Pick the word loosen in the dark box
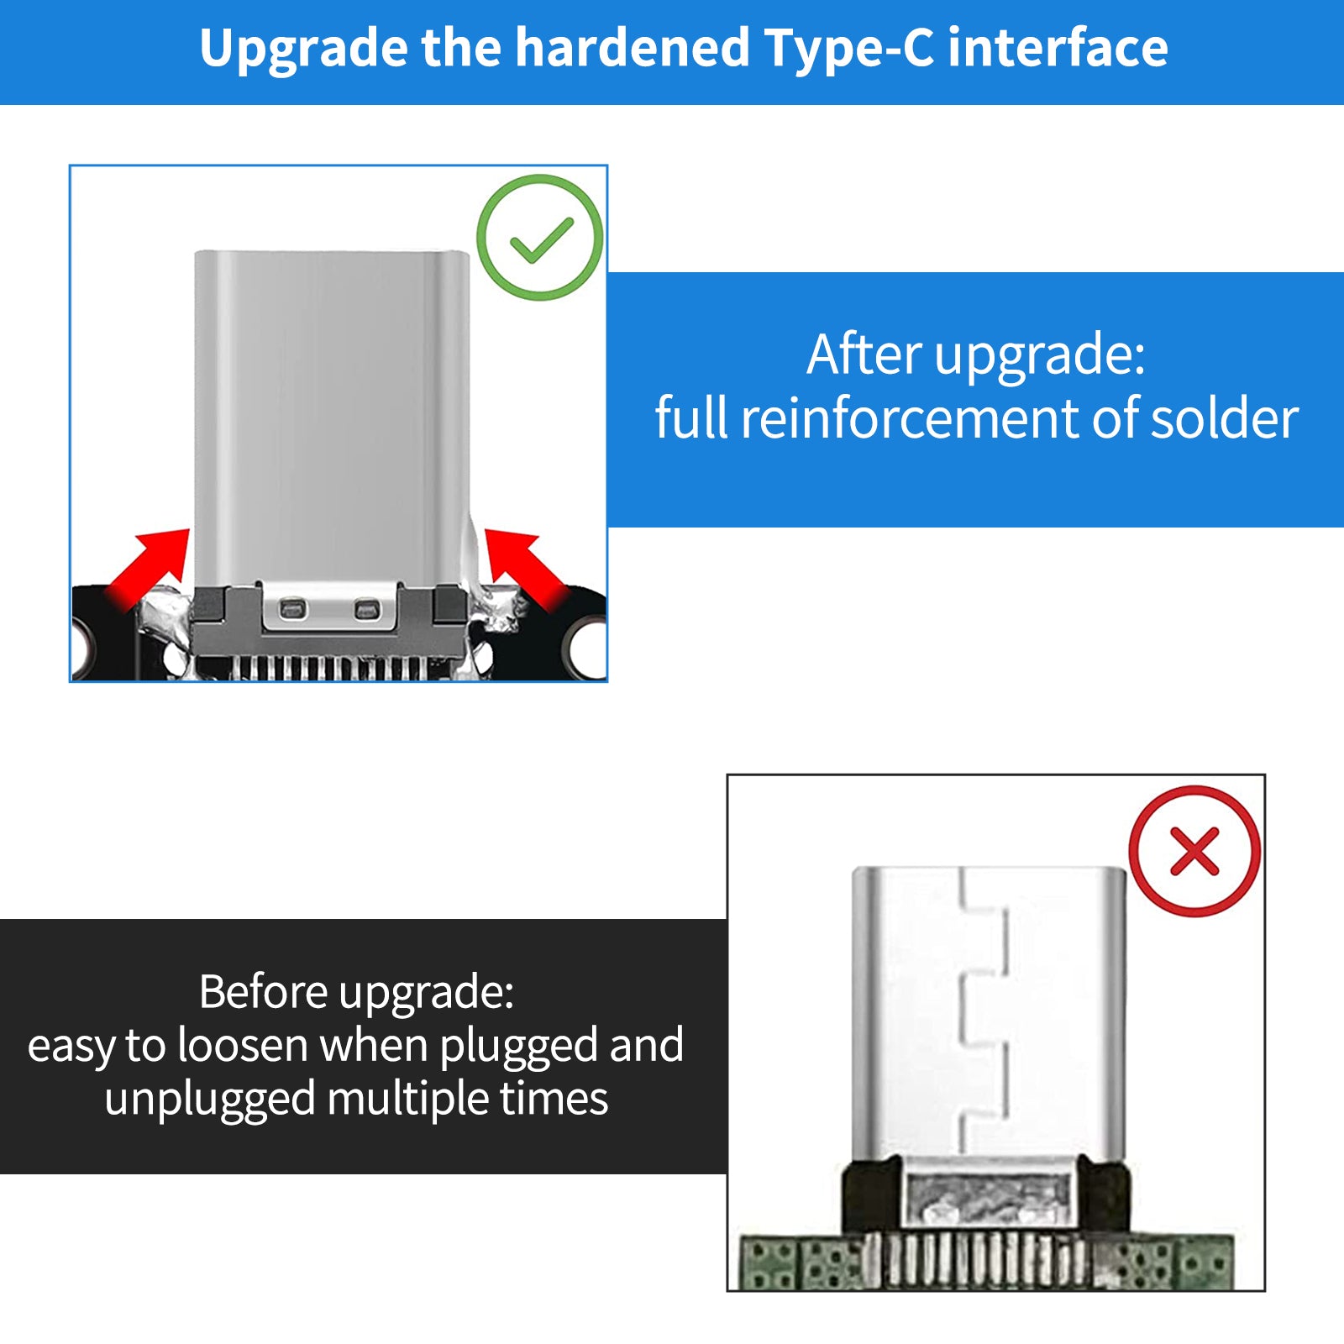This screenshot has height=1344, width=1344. [244, 1046]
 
